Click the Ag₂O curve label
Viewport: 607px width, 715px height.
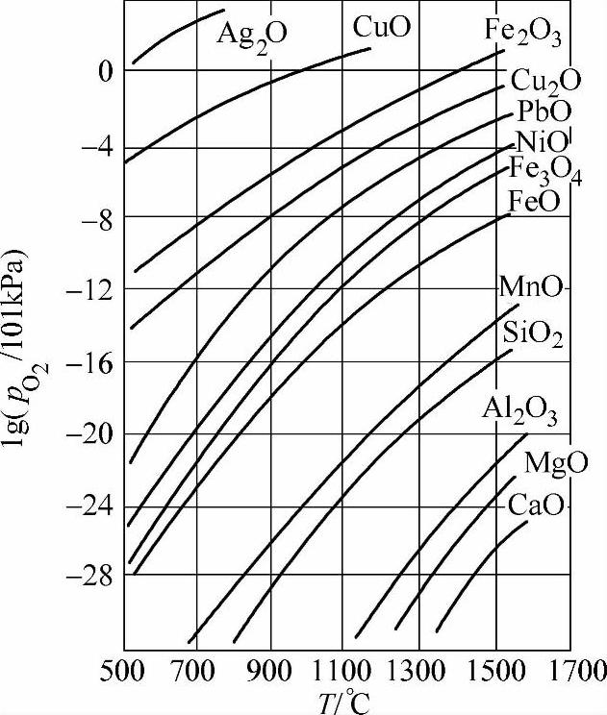coord(252,35)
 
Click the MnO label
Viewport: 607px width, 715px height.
coord(532,286)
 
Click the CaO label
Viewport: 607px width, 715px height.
coord(536,504)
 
